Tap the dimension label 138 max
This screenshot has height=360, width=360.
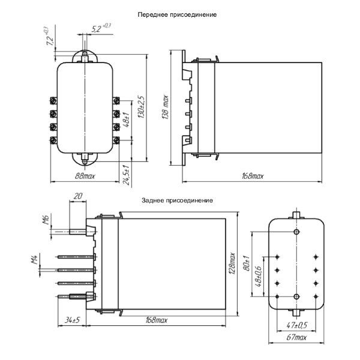pyautogui.click(x=165, y=109)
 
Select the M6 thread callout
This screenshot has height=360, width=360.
pyautogui.click(x=46, y=220)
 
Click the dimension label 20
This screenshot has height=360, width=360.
pyautogui.click(x=77, y=196)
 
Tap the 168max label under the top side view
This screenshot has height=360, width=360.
pyautogui.click(x=253, y=176)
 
